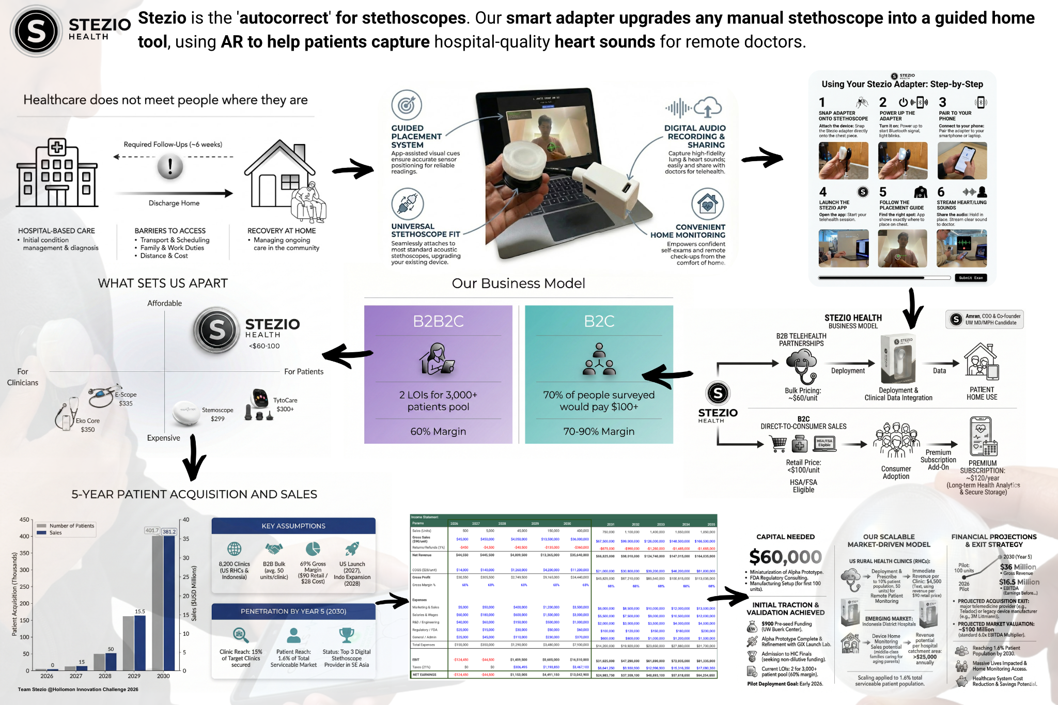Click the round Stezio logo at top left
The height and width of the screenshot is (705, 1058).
pos(36,31)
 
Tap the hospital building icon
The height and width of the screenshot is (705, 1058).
pos(57,173)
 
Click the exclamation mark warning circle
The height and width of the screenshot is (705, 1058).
pos(170,167)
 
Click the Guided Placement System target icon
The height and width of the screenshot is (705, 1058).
pos(407,105)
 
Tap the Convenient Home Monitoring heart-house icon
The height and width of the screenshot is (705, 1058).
pos(707,205)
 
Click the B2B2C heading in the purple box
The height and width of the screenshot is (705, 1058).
pos(438,321)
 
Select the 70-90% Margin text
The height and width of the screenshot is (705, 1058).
pos(599,431)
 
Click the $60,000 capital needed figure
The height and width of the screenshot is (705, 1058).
pos(785,557)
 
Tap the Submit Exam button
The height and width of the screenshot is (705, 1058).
pos(971,278)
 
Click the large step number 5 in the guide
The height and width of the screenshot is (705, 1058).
pos(883,192)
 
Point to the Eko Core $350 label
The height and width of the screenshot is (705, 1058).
pos(88,425)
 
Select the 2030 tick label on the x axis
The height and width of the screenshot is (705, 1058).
pos(163,676)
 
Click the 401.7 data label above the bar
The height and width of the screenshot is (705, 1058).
pos(152,530)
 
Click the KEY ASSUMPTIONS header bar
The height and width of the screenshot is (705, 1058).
pos(293,526)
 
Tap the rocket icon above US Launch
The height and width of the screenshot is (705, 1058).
pos(352,549)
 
